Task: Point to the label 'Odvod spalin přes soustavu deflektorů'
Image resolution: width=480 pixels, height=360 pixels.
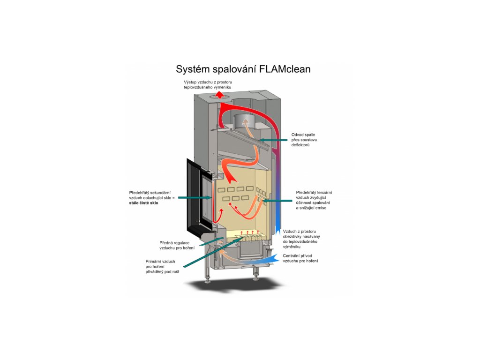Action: [x=303, y=140]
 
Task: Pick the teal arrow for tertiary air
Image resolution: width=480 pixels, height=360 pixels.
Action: [x=279, y=200]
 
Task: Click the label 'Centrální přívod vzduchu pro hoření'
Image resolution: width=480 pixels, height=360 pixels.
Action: [x=300, y=258]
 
